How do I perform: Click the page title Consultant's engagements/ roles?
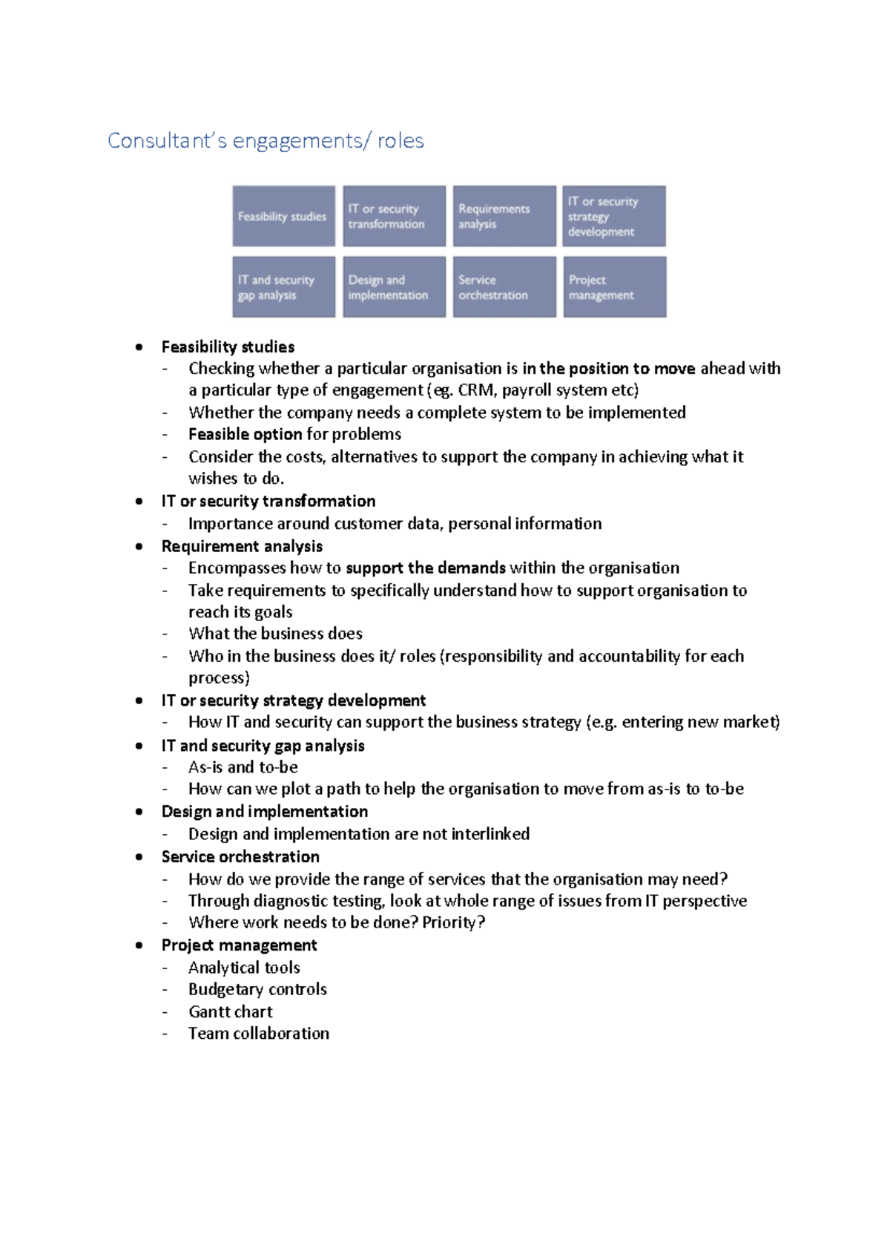point(266,141)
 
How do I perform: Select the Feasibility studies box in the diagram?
point(283,216)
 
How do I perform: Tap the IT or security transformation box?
point(394,216)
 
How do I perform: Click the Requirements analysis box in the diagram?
point(504,216)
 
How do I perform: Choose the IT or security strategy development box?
point(613,216)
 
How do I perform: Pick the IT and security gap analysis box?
point(283,287)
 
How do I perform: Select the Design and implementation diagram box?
point(394,287)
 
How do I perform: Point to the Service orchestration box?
point(504,287)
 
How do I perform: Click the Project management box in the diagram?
point(614,287)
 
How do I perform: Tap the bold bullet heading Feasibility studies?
point(228,347)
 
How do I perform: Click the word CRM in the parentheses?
point(475,390)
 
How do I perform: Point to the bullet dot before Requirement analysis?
point(139,546)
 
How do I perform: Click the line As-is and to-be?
point(243,767)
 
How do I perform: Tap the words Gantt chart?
point(230,1011)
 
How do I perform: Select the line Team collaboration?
point(258,1034)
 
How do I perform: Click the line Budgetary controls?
point(257,989)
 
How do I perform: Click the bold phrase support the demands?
point(425,568)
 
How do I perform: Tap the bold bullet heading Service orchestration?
point(240,857)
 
